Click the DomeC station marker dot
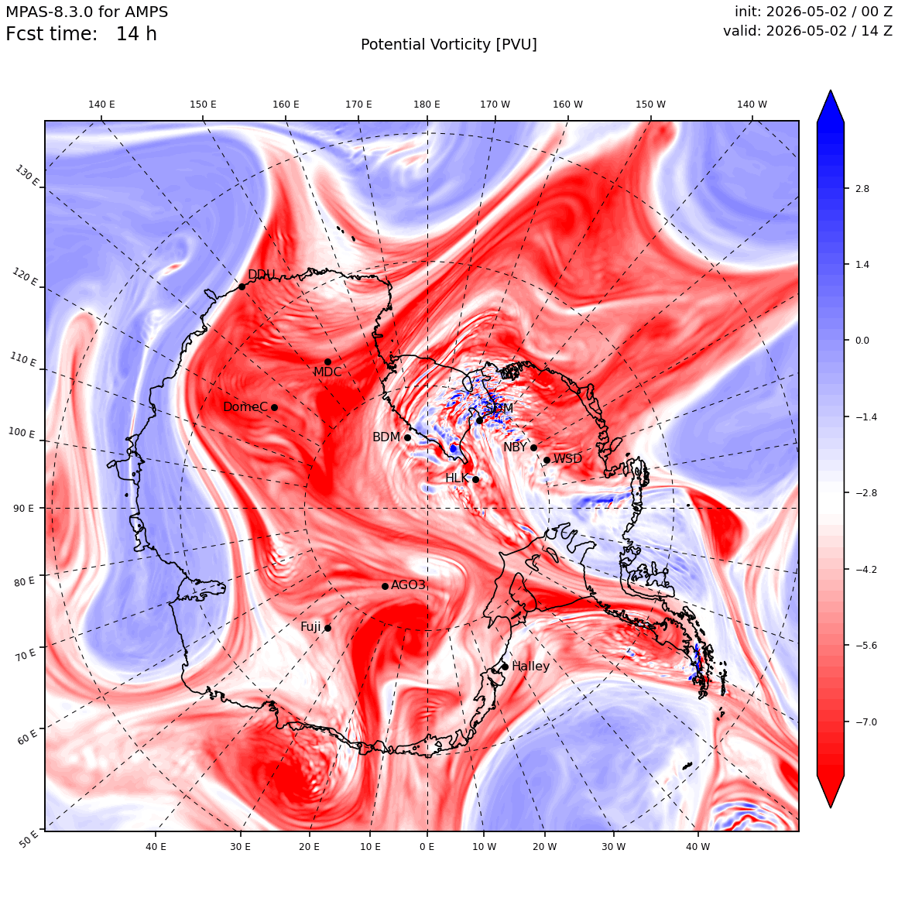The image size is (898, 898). point(274,408)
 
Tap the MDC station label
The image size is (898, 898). point(327,372)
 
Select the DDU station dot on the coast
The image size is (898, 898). point(242,286)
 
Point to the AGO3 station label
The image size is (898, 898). point(408,584)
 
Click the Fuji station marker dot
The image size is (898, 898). point(327,629)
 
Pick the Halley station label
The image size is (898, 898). point(531,667)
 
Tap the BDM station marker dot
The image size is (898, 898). point(408,437)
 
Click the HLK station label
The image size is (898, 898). point(457,478)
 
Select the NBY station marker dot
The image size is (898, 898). point(533,448)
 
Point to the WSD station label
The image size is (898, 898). point(567,459)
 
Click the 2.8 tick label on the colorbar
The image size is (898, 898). point(862,189)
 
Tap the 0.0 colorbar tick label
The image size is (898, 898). point(862,341)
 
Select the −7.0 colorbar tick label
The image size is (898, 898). point(866,722)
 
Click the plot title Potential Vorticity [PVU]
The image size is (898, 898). point(449,45)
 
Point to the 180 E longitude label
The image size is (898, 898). point(427,105)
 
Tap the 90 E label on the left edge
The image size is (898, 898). point(23,509)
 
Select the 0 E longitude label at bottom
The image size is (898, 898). point(427,847)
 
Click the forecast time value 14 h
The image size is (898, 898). point(136,34)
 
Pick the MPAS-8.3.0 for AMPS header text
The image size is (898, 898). point(87,12)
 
